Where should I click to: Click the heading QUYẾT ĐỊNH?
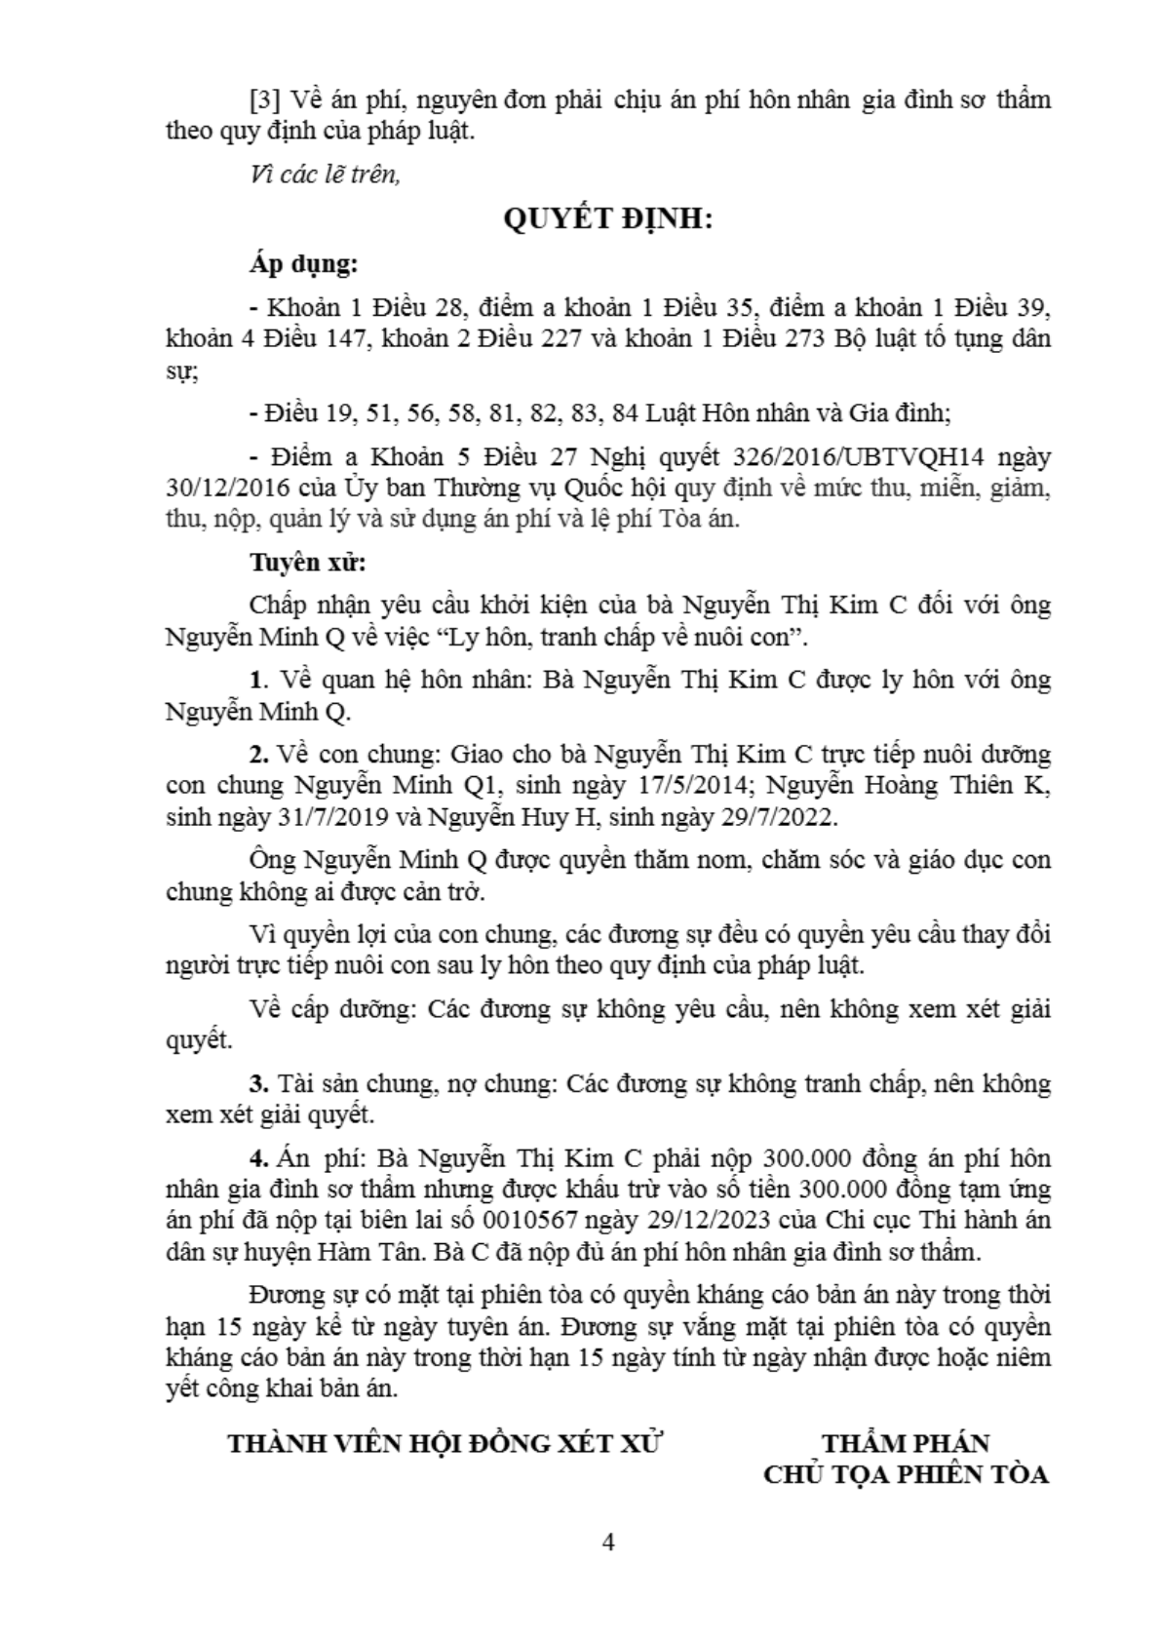608,219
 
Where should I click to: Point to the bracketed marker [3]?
265,99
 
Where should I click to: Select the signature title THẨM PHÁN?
906,1443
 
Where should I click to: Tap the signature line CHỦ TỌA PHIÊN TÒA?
906,1474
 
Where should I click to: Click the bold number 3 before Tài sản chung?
257,1083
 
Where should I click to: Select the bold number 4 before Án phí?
257,1158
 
